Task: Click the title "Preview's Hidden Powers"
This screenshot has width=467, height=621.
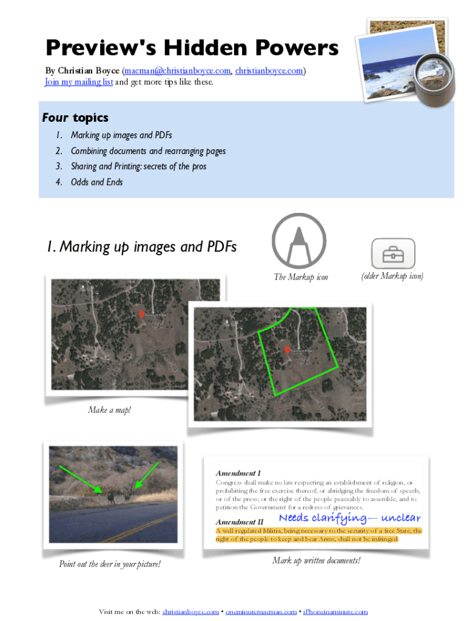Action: pos(191,49)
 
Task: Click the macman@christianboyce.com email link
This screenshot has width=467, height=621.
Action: pos(177,71)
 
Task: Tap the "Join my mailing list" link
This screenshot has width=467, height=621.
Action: pos(79,82)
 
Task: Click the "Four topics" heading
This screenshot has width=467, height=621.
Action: pos(75,117)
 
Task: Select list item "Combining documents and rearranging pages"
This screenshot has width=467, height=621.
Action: pos(148,151)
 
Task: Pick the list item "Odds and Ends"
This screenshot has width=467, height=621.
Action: pos(96,182)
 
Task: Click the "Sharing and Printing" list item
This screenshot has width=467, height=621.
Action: pos(138,166)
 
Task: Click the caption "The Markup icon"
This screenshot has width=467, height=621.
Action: pos(301,277)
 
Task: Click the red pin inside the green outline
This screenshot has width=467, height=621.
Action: pos(287,350)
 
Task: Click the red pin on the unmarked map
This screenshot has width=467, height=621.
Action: pos(141,314)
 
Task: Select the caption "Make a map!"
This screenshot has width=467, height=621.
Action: pos(109,411)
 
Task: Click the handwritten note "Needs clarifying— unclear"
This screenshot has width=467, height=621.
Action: pos(349,518)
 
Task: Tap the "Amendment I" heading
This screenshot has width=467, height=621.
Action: pos(238,472)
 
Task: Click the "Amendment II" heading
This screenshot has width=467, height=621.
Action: pos(240,522)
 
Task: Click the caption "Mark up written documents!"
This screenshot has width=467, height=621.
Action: pos(316,560)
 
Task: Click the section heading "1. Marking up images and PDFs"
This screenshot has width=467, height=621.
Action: pos(141,247)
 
